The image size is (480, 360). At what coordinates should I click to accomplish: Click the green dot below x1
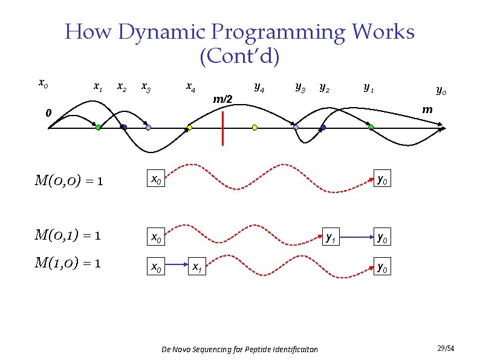click(x=98, y=128)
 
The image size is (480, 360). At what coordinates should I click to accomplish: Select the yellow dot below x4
click(x=189, y=128)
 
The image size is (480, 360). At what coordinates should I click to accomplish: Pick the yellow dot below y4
click(x=255, y=128)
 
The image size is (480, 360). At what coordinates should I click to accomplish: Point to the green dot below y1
click(x=371, y=128)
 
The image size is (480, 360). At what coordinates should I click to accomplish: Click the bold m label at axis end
click(x=427, y=110)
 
